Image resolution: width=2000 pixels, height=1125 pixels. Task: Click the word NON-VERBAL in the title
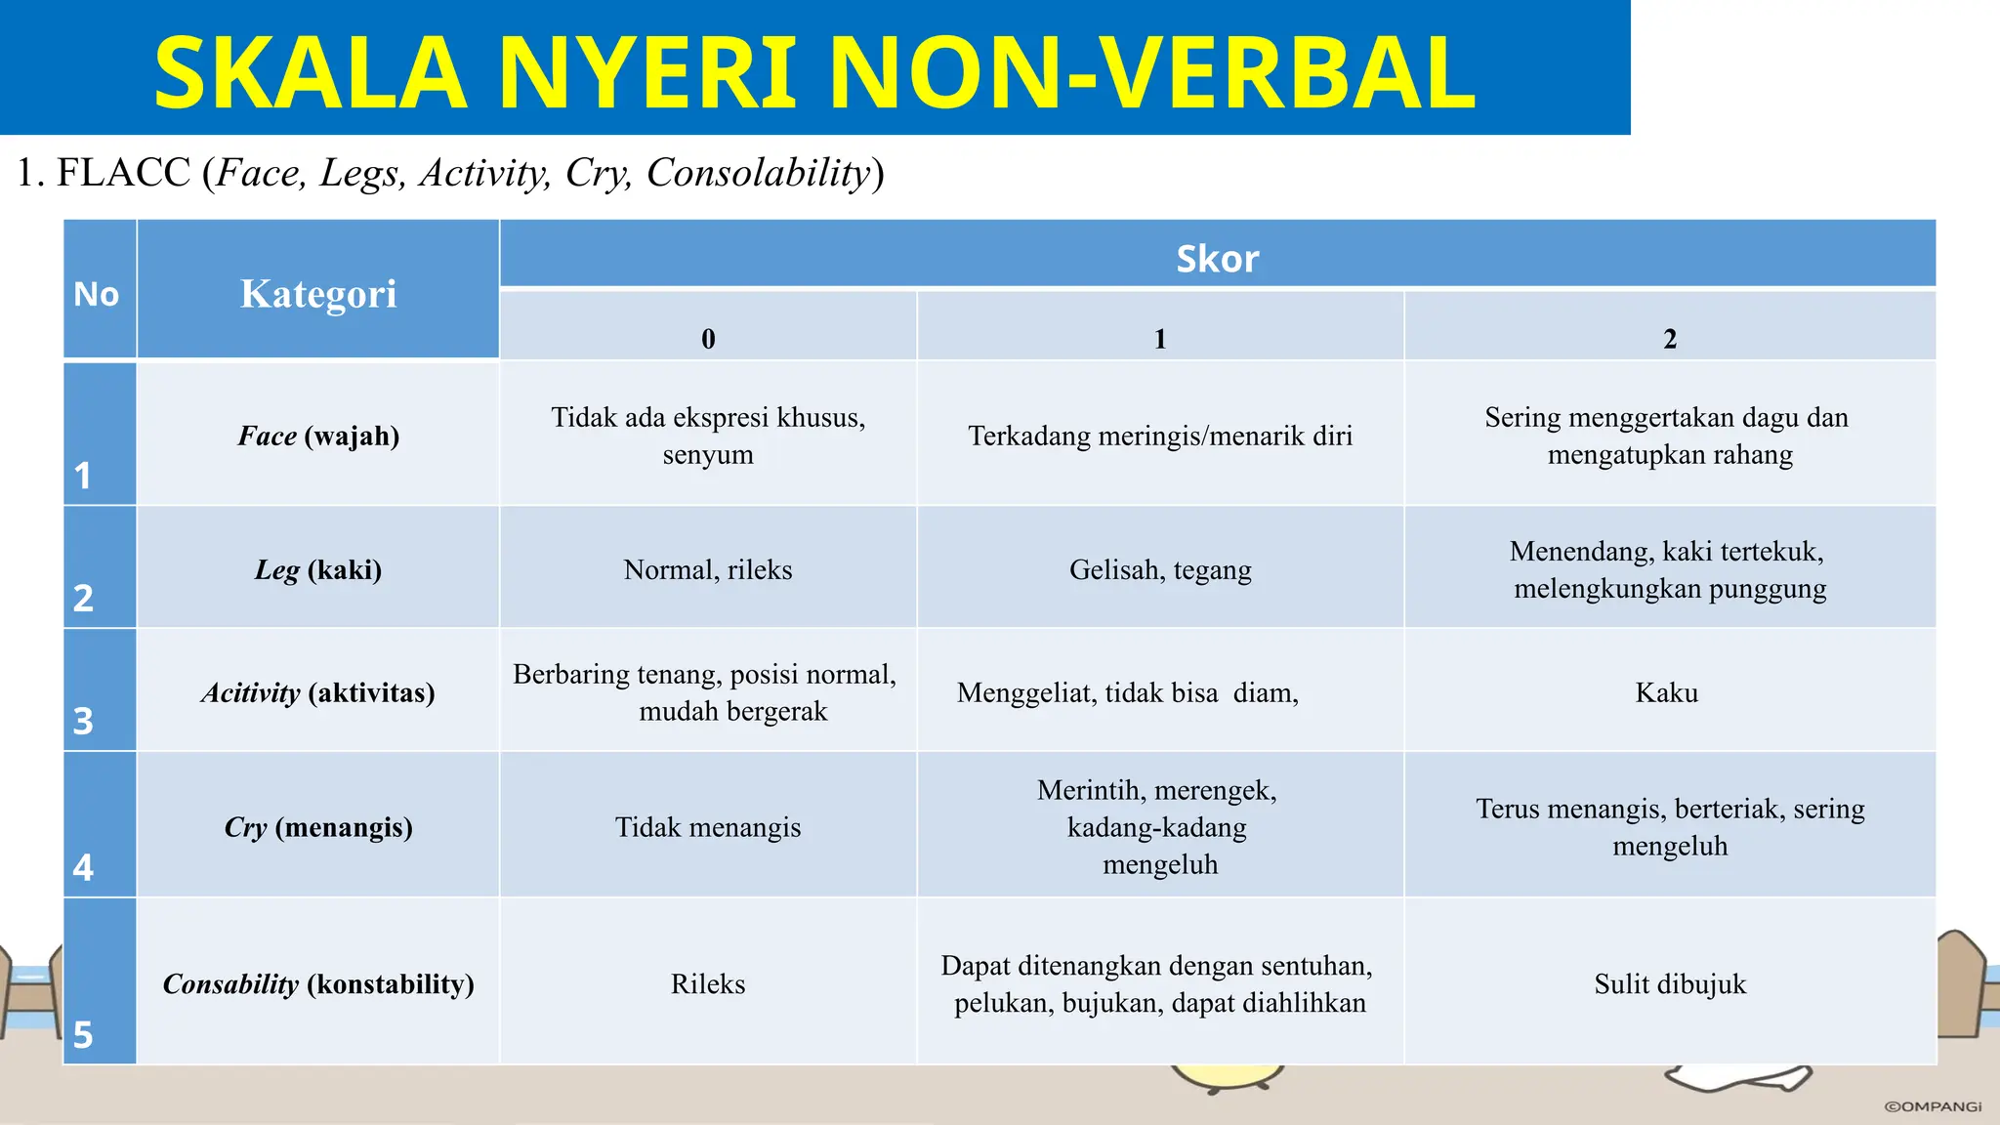coord(1152,73)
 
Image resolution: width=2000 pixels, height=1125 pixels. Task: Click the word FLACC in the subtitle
coord(123,173)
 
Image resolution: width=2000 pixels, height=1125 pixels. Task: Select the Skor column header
coord(1217,259)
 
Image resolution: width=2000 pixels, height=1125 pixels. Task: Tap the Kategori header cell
coord(318,293)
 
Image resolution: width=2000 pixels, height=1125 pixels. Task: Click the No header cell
coord(97,294)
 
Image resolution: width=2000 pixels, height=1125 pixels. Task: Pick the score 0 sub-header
coord(708,338)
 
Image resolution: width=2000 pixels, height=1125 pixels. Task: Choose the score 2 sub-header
coord(1670,338)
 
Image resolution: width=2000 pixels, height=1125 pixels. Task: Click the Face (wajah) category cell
coord(318,436)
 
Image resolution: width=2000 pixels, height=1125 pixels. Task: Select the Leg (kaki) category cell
coord(318,569)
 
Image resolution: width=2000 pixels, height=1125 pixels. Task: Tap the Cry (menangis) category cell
coord(318,827)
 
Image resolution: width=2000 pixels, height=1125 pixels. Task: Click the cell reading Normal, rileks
coord(708,569)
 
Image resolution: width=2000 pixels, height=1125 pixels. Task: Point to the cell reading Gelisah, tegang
coord(1160,569)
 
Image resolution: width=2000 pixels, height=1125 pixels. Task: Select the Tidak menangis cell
coord(708,827)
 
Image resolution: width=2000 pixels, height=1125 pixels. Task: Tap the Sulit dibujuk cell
coord(1670,983)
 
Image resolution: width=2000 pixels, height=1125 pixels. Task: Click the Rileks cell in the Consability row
coord(708,983)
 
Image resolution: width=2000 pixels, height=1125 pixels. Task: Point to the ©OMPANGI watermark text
coord(1933,1106)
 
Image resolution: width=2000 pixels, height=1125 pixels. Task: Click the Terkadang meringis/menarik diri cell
coord(1160,436)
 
